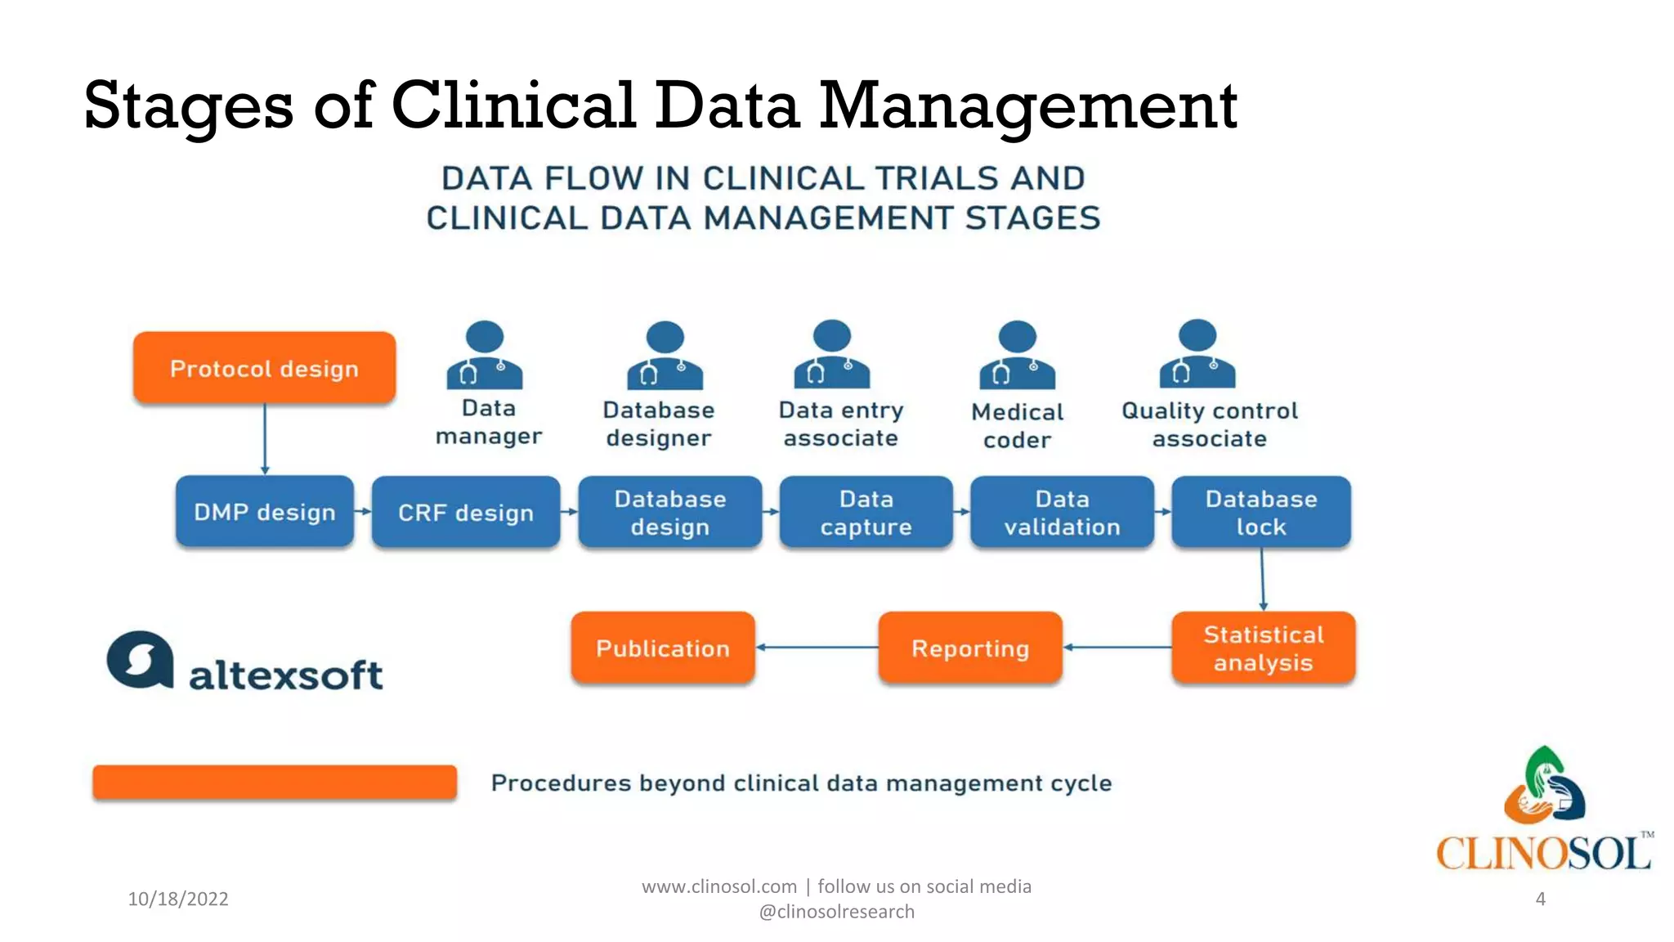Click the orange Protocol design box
pyautogui.click(x=264, y=368)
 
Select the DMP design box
pyautogui.click(x=264, y=512)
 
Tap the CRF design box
pyautogui.click(x=465, y=512)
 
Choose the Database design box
pyautogui.click(x=669, y=512)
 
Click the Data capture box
pyautogui.click(x=866, y=512)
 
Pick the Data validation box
pyautogui.click(x=1062, y=512)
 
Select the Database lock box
pyautogui.click(x=1260, y=512)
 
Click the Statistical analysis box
pyautogui.click(x=1263, y=648)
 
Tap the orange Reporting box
pyautogui.click(x=970, y=648)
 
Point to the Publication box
pyautogui.click(x=662, y=648)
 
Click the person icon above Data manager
pyautogui.click(x=485, y=355)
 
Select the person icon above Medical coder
pyautogui.click(x=1018, y=355)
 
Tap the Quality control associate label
pyautogui.click(x=1209, y=424)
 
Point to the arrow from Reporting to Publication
pyautogui.click(x=817, y=647)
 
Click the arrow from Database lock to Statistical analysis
pyautogui.click(x=1263, y=579)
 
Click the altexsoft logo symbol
pyautogui.click(x=141, y=660)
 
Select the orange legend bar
pyautogui.click(x=275, y=782)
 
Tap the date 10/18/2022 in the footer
pyautogui.click(x=178, y=899)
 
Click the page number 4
pyautogui.click(x=1540, y=899)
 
